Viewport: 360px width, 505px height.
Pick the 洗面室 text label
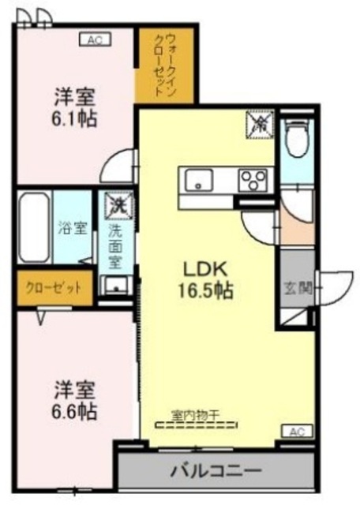[115, 244]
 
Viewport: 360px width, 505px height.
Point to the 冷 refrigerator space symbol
[258, 122]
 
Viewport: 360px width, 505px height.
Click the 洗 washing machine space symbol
[117, 204]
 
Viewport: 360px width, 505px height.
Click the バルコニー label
[215, 472]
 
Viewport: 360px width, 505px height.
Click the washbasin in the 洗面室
[117, 286]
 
